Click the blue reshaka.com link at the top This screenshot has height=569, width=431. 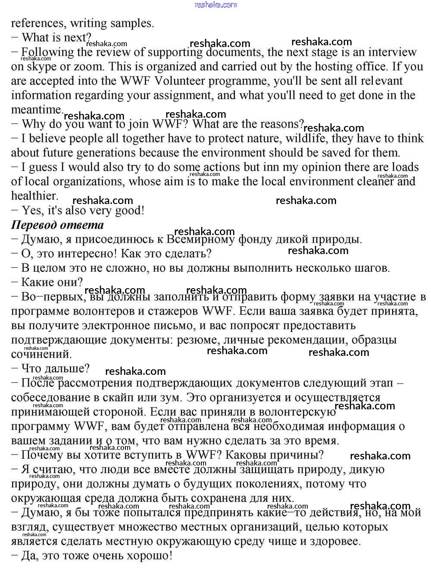215,5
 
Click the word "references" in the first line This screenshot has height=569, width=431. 37,23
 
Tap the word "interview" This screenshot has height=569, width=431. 389,52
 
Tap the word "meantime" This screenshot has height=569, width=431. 37,110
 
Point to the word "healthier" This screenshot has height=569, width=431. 34,196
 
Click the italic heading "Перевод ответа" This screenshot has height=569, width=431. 57,225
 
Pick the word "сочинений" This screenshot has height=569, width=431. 41,354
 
